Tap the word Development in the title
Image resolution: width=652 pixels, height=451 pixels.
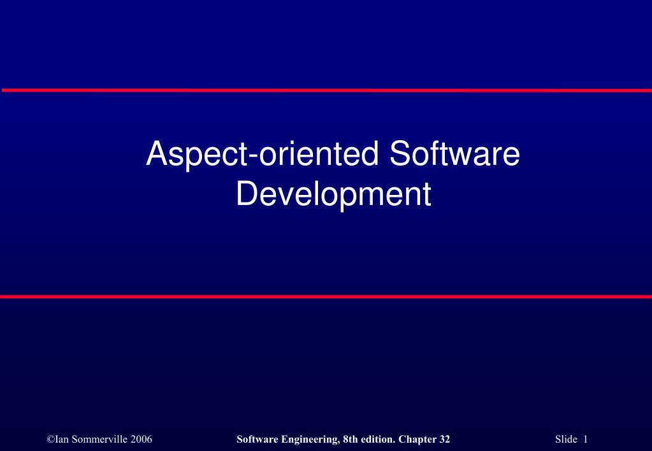point(333,194)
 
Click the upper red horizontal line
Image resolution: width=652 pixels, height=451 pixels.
point(326,90)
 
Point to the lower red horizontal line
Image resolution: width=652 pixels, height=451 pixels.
point(326,297)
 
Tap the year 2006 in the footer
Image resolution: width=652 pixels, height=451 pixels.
point(140,439)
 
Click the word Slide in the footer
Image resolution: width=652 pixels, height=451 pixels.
point(565,439)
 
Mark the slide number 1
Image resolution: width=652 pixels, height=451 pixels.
point(584,439)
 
